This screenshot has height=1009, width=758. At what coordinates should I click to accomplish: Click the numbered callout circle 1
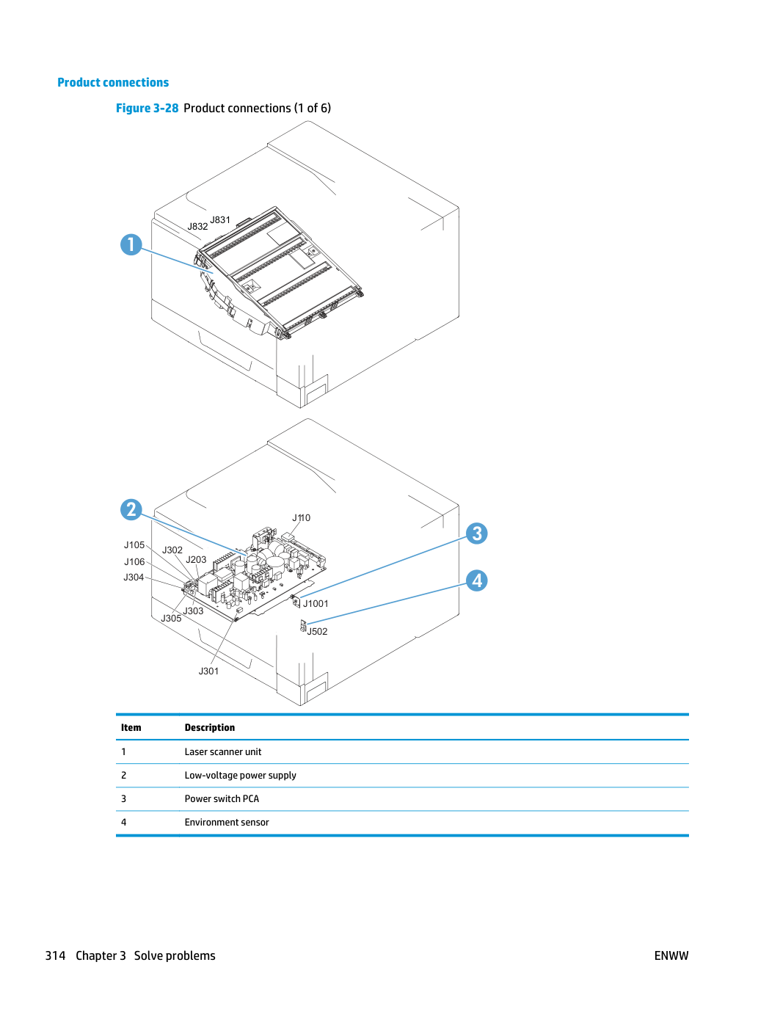pos(131,244)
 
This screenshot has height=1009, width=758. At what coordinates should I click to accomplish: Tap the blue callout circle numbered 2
pos(131,509)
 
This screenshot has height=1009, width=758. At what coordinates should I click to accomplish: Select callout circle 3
pos(477,533)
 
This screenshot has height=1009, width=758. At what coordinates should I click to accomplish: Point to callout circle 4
pos(477,580)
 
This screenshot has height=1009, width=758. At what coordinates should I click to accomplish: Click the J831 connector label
pos(219,219)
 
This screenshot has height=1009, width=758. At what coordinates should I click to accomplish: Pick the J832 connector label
pos(197,226)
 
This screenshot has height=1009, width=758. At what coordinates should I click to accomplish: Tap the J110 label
pos(301,517)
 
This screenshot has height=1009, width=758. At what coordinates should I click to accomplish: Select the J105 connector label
pos(134,544)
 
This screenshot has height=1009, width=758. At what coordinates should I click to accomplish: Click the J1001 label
pos(316,603)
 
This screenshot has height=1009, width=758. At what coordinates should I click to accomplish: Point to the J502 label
pos(317,631)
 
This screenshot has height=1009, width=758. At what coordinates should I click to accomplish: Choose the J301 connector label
pos(208,671)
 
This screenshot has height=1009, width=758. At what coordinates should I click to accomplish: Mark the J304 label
pos(134,577)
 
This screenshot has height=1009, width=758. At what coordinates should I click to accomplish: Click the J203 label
pos(196,559)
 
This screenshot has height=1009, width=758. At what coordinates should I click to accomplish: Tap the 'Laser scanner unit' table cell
pos(223,751)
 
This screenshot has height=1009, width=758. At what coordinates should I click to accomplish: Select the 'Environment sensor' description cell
pos(227,822)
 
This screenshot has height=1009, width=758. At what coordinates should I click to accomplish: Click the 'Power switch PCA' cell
pos(222,798)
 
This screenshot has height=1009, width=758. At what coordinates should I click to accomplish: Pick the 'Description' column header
pos(210,727)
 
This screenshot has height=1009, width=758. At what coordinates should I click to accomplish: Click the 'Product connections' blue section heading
pos(113,82)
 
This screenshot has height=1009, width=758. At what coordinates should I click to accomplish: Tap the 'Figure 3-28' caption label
pos(147,108)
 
